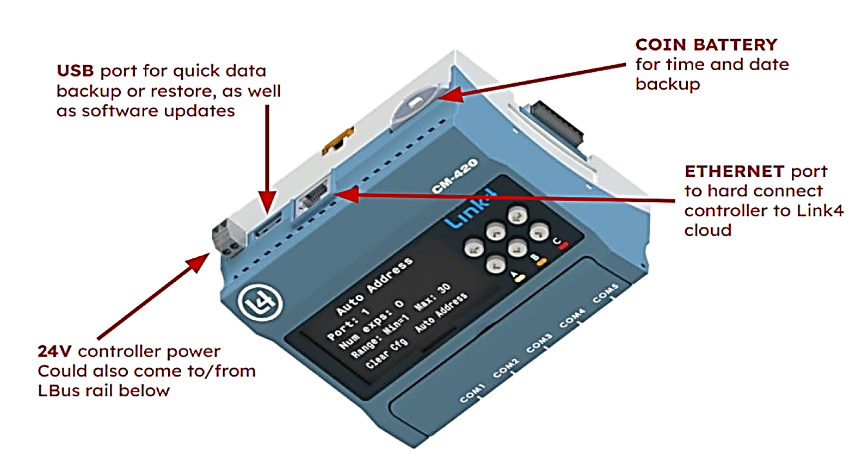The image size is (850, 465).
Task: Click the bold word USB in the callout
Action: (x=75, y=71)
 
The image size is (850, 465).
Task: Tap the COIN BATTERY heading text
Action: (x=706, y=45)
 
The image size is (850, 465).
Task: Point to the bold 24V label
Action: (x=54, y=352)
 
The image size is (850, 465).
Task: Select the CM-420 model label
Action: (x=455, y=176)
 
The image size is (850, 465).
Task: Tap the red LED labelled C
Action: (x=563, y=246)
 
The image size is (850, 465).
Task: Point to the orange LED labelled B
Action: (x=541, y=262)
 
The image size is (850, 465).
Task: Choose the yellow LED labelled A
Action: (x=520, y=278)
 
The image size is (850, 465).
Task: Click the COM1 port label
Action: (x=472, y=394)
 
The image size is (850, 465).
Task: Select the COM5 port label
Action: (x=606, y=294)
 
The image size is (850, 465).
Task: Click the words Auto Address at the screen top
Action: (x=374, y=287)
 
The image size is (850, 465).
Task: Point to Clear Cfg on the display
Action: (x=386, y=354)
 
